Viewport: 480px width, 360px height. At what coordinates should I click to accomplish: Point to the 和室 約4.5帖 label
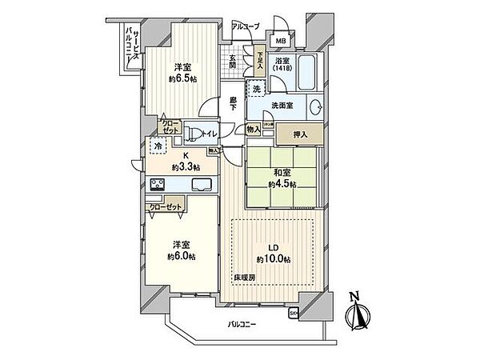[283, 178]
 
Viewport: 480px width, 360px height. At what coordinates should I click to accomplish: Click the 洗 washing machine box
[257, 89]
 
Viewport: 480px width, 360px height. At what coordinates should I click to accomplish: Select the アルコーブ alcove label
[245, 27]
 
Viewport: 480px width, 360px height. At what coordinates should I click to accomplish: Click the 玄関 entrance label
[232, 62]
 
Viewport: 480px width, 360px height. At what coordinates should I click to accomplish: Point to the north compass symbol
[357, 314]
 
